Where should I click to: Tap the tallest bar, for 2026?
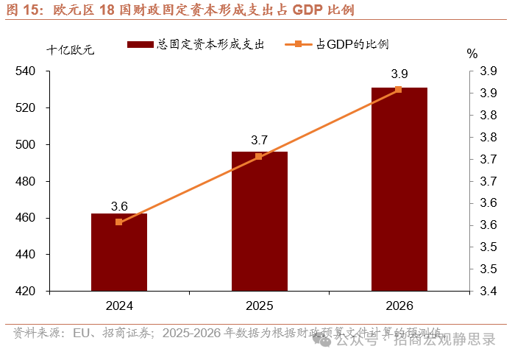coord(399,191)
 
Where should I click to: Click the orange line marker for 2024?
coord(119,222)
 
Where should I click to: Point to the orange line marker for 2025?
coord(259,156)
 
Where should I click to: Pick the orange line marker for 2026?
coord(399,90)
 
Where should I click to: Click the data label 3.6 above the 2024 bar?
coord(119,206)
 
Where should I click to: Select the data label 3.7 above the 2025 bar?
coord(259,140)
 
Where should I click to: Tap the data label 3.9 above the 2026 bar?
coord(399,74)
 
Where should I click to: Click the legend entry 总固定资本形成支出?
coord(196,45)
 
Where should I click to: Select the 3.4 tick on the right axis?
coord(488,292)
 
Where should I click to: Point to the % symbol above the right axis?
coord(472,54)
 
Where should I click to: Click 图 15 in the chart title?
coord(21,11)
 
